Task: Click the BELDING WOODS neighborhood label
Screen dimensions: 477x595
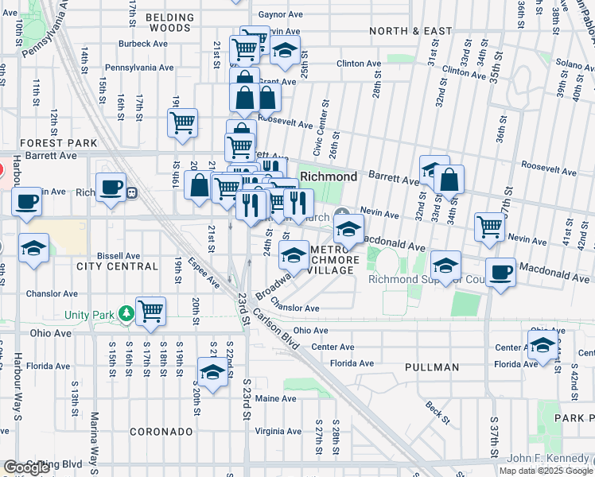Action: pos(168,22)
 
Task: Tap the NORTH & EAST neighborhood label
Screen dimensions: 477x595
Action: pos(411,31)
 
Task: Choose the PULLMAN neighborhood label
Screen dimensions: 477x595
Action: pos(431,367)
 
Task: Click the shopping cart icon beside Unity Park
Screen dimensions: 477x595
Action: pos(150,311)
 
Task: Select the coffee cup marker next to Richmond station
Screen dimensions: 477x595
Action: pos(111,188)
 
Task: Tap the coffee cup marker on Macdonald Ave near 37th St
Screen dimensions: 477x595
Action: pos(500,273)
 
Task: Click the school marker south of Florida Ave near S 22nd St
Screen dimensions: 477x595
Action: pos(212,372)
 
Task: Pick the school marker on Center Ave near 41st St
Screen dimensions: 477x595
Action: pos(542,346)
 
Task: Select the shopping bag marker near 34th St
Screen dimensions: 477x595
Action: pos(449,180)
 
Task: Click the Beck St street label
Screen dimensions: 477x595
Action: pos(436,411)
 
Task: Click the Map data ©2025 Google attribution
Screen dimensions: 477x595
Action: pos(545,471)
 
